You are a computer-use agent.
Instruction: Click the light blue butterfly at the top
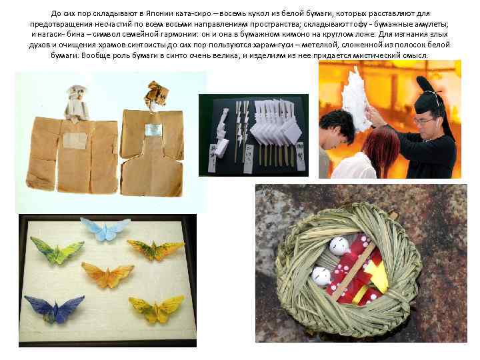105,228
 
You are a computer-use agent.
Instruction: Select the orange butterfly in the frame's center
107,274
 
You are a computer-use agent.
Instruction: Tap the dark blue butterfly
54,309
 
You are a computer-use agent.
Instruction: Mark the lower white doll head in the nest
322,275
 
